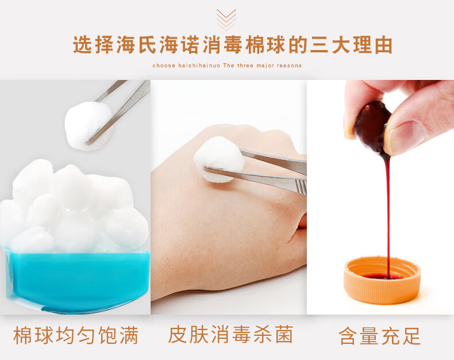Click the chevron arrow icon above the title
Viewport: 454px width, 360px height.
click(226, 20)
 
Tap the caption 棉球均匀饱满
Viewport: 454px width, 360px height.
click(76, 335)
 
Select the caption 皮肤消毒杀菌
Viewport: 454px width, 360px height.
click(230, 335)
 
